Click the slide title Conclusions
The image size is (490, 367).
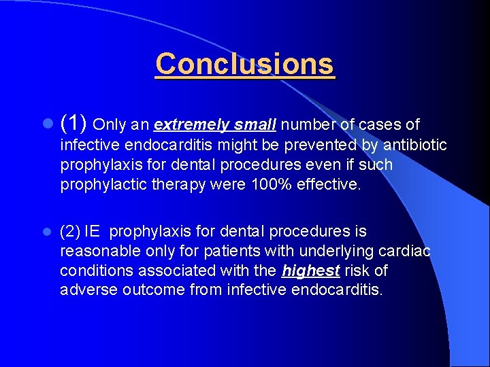pyautogui.click(x=245, y=65)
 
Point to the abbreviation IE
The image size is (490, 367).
pyautogui.click(x=91, y=232)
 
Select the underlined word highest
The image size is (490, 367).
pyautogui.click(x=310, y=270)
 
